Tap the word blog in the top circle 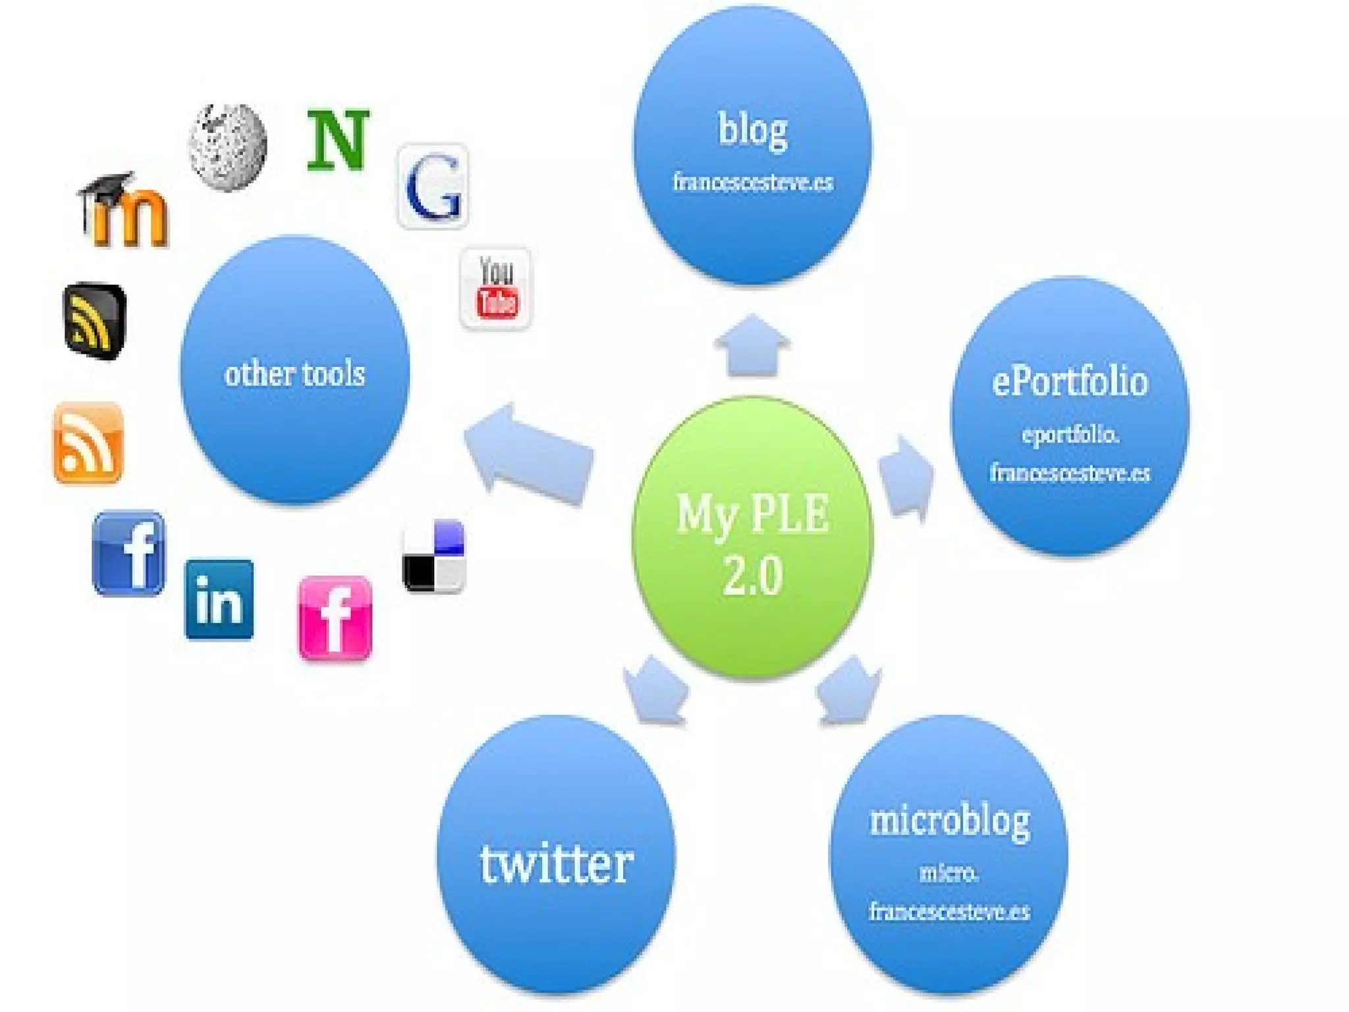(752, 129)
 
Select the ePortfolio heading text (1070, 382)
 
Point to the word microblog (949, 821)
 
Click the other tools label (294, 374)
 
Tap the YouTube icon (496, 288)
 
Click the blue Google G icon (433, 186)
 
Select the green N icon (338, 140)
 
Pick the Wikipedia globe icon (228, 147)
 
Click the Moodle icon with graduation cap (124, 211)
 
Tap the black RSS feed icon (95, 321)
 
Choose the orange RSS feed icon (88, 443)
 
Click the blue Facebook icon (129, 553)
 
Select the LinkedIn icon (219, 600)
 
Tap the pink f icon (335, 618)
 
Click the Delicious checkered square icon (433, 556)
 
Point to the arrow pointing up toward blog (752, 346)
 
